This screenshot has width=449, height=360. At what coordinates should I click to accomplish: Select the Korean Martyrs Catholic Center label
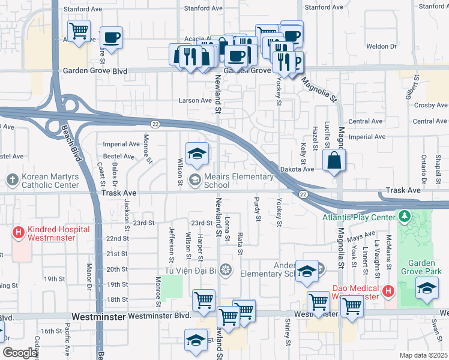(50, 181)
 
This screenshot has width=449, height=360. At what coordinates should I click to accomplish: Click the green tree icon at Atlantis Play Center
(405, 215)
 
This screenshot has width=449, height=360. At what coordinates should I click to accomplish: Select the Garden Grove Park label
(426, 268)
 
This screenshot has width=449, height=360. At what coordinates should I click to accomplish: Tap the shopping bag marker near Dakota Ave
(334, 161)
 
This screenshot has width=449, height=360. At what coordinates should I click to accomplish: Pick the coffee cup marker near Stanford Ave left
(112, 37)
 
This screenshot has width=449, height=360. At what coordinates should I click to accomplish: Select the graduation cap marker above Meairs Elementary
(196, 154)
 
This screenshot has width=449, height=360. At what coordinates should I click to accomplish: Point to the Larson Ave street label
(195, 100)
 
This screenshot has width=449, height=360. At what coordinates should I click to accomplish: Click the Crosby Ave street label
(430, 105)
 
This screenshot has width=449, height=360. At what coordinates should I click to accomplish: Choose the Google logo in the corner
(20, 352)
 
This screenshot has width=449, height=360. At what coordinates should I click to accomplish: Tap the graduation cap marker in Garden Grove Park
(427, 289)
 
